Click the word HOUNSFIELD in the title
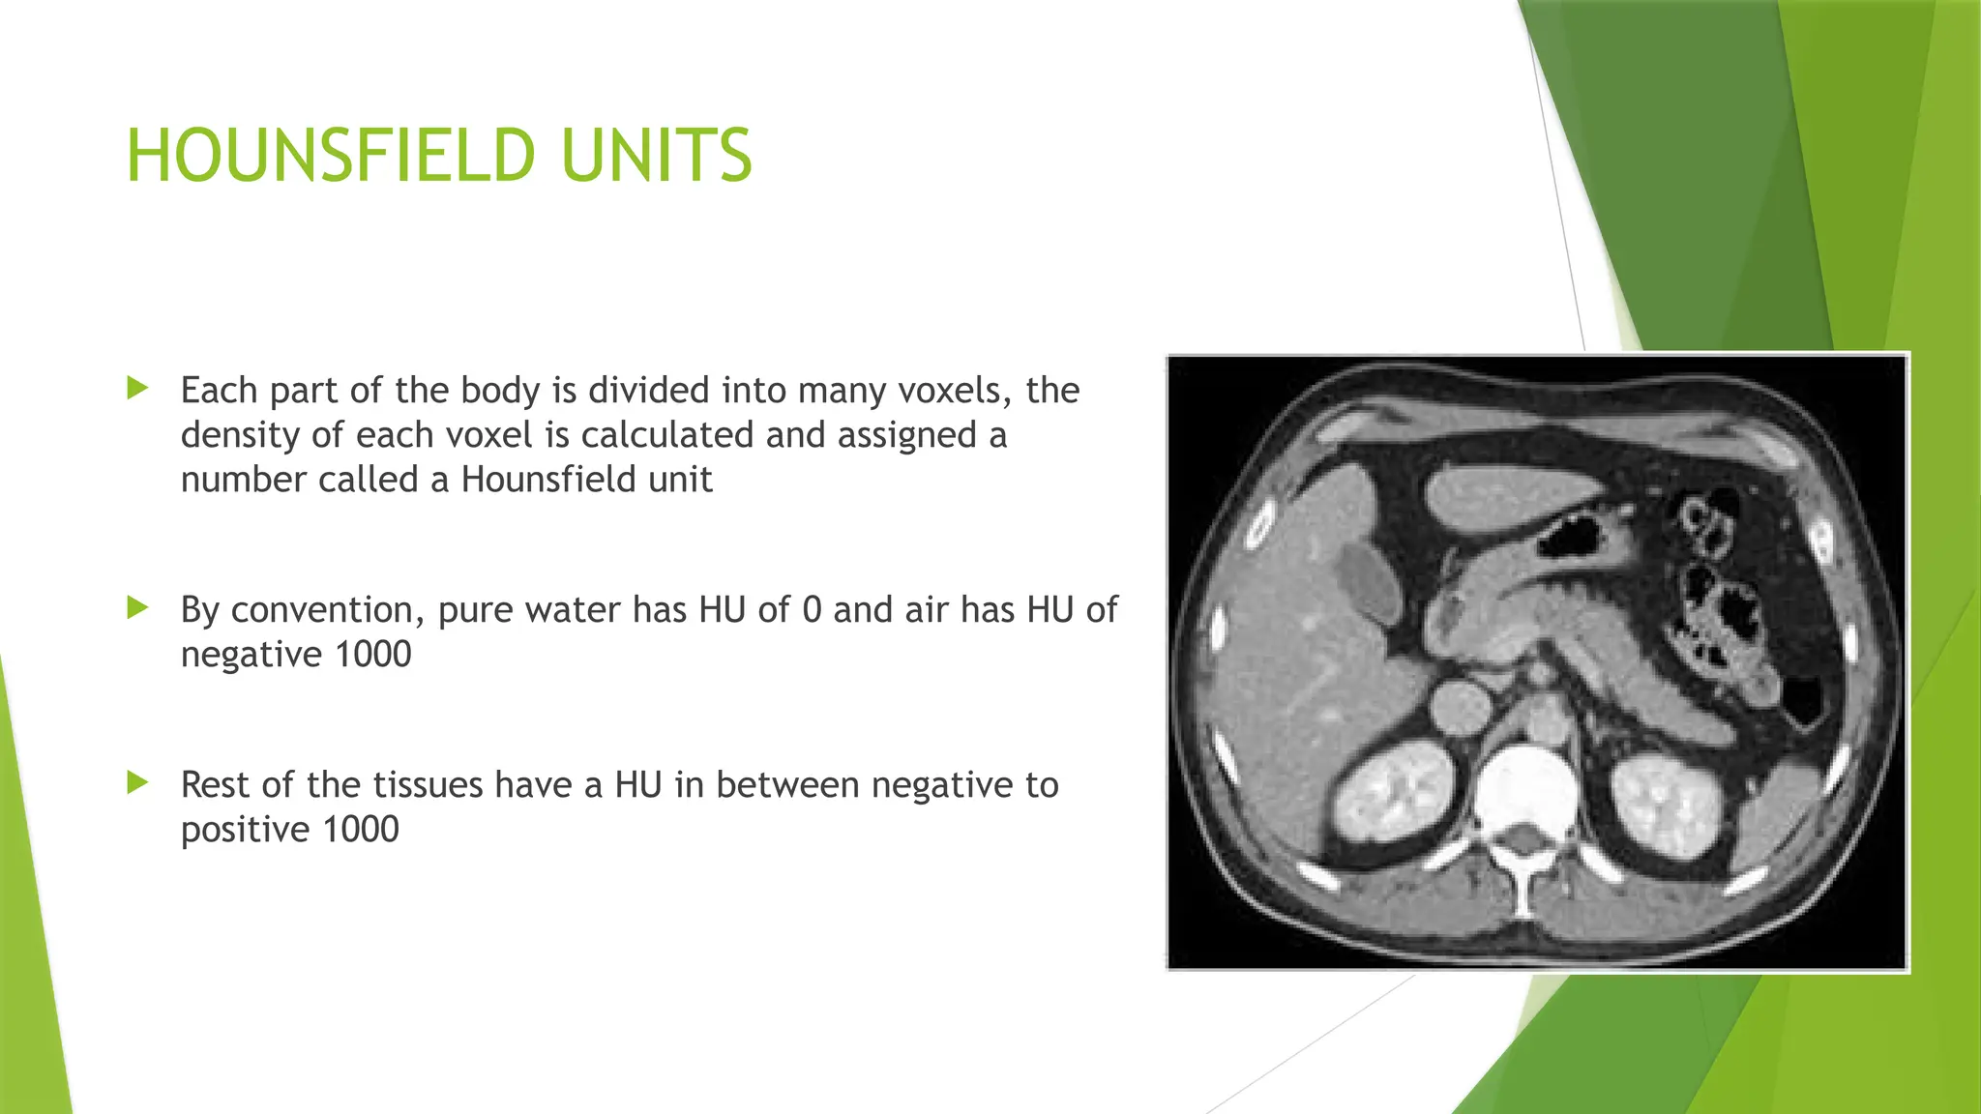pos(330,156)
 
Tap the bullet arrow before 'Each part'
pos(138,389)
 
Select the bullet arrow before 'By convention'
pos(138,608)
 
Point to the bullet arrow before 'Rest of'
pos(138,783)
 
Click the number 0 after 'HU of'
pos(813,610)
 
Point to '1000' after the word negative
pos(372,655)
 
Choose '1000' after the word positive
pos(360,830)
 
